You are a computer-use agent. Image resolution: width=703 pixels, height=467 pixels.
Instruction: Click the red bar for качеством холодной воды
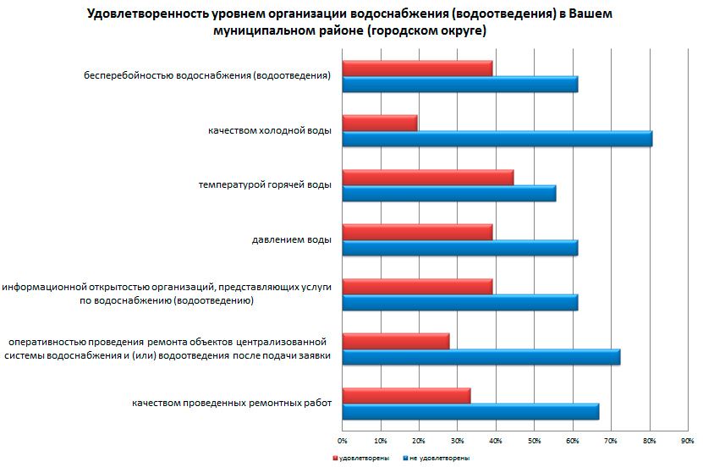(x=380, y=124)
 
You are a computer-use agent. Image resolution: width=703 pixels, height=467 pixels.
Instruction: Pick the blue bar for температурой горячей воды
(x=448, y=194)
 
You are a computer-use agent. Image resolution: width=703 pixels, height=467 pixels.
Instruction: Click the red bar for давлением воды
(x=417, y=232)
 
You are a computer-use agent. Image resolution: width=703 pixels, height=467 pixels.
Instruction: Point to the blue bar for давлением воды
(x=459, y=248)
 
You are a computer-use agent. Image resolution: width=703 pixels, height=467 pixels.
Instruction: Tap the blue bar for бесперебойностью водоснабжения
(x=459, y=85)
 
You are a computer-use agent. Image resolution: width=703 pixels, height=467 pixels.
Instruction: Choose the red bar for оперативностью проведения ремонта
(x=395, y=341)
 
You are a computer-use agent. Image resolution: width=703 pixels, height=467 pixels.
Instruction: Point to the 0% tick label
(x=342, y=441)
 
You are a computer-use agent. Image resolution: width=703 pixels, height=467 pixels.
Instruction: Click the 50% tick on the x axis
(x=534, y=441)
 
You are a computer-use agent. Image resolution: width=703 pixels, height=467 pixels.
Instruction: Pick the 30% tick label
(x=457, y=441)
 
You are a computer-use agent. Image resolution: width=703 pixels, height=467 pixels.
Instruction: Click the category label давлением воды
(x=291, y=239)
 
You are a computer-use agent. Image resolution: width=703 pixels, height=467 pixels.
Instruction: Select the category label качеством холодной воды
(x=269, y=131)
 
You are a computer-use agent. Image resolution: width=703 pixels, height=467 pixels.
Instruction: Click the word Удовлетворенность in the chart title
(x=150, y=14)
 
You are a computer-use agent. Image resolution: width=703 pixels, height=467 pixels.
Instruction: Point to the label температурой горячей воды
(x=264, y=184)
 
